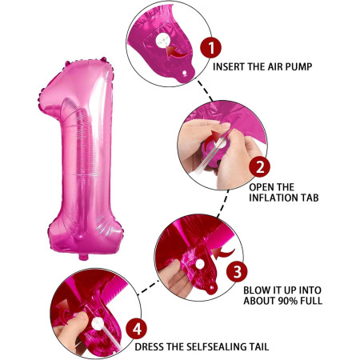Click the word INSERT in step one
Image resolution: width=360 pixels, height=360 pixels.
tap(231, 67)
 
